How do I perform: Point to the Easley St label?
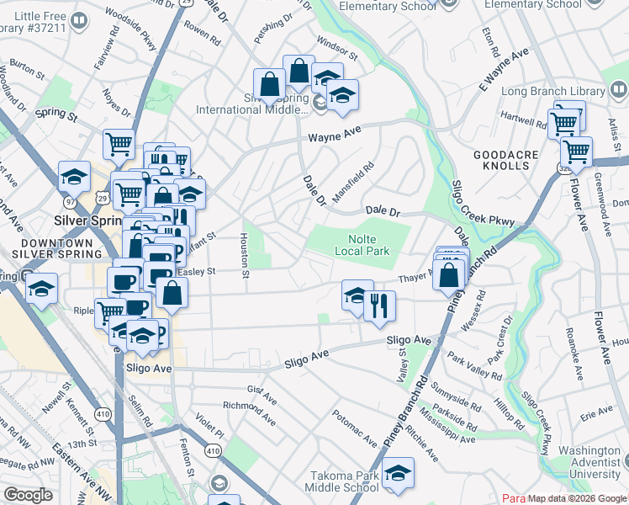pos(199,272)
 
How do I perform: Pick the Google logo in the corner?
pos(28,495)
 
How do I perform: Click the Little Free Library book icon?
pos(78,20)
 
